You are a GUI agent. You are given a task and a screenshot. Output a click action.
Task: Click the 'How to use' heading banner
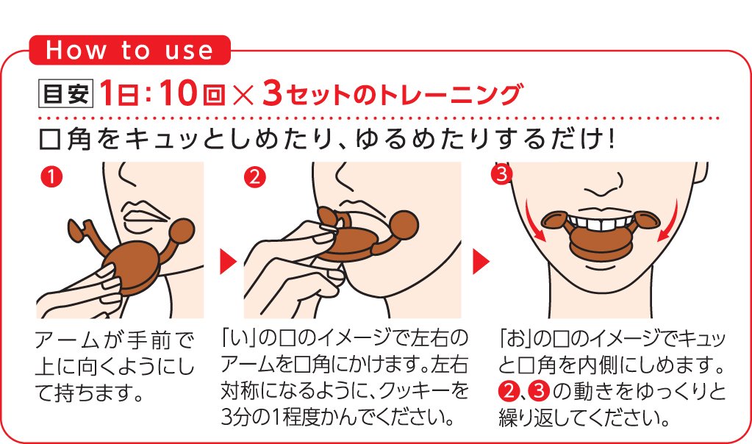(129, 50)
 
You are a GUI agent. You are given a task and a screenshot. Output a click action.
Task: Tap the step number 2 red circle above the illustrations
(254, 177)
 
